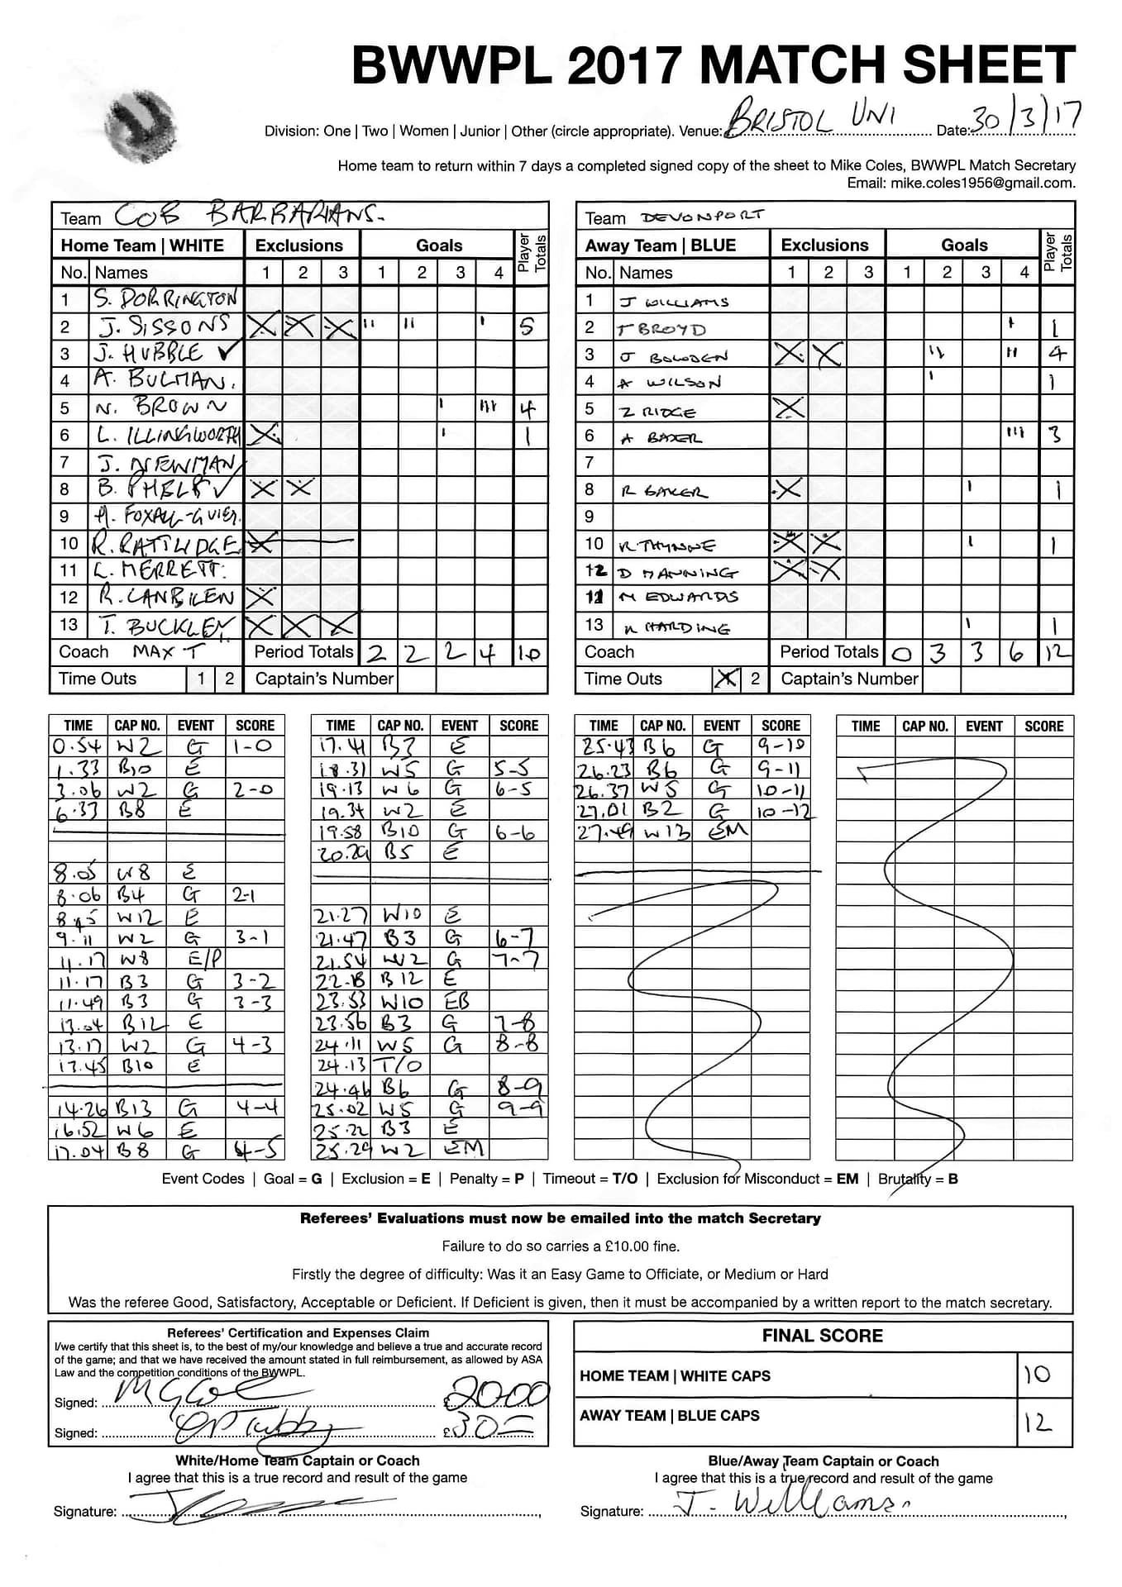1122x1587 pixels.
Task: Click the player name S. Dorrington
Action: (x=165, y=298)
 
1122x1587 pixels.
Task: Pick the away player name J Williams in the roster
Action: (x=674, y=302)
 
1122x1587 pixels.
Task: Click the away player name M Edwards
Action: (x=679, y=598)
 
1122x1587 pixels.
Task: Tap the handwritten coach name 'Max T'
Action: (x=167, y=651)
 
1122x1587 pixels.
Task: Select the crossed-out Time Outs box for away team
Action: (x=726, y=679)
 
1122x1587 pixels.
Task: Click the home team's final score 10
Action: (x=1037, y=1375)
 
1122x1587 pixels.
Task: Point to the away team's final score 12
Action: (x=1037, y=1423)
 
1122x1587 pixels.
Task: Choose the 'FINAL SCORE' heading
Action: (x=822, y=1335)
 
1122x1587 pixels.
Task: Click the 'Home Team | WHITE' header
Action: (x=142, y=245)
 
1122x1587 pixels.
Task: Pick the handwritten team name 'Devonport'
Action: (x=702, y=217)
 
